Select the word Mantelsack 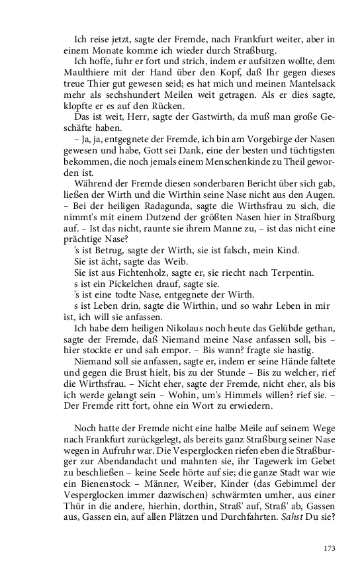301,85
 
